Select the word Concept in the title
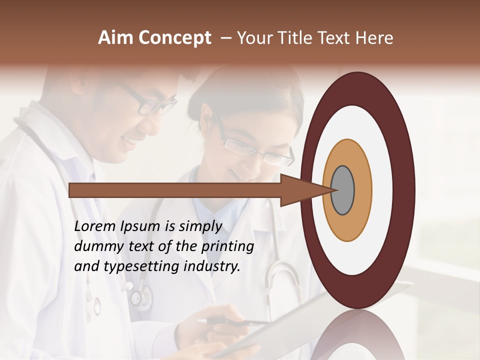(x=174, y=38)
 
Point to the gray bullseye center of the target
(x=343, y=190)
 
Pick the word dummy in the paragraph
(x=96, y=246)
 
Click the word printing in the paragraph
(x=227, y=247)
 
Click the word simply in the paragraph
(x=200, y=227)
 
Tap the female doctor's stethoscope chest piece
(x=140, y=298)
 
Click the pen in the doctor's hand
(x=235, y=322)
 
